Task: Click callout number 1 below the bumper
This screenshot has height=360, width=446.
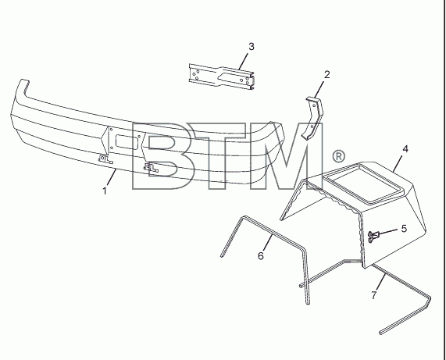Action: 105,191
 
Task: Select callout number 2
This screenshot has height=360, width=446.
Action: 326,75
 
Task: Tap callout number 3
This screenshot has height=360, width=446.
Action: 252,47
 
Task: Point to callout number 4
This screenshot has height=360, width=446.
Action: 405,148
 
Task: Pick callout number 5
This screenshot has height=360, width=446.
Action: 404,228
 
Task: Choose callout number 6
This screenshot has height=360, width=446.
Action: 261,255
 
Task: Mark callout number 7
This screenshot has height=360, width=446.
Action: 374,295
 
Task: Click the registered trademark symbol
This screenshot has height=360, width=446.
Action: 338,156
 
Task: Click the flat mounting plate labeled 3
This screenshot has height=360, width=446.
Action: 221,77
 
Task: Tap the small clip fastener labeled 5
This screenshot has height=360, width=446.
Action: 373,236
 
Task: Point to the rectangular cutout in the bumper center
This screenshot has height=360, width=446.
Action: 127,141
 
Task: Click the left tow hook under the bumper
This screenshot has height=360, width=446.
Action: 105,159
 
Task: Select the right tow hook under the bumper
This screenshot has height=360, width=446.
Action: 151,167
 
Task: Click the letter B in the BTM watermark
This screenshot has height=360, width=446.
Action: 162,156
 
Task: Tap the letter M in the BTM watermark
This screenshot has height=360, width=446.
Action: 286,156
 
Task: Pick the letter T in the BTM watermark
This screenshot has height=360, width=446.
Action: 223,156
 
